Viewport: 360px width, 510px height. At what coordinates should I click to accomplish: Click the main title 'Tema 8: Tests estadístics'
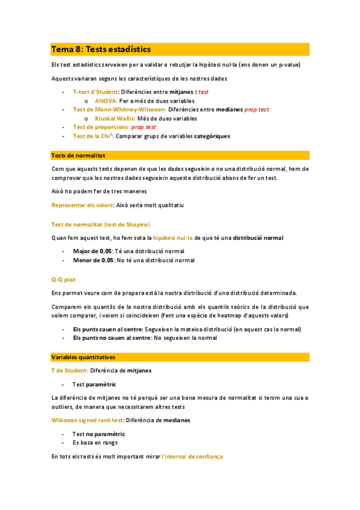(101, 49)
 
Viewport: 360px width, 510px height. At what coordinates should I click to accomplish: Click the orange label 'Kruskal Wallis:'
(115, 118)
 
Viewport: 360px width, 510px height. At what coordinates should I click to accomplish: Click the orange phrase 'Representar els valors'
(83, 206)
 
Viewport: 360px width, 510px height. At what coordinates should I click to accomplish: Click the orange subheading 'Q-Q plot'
(64, 279)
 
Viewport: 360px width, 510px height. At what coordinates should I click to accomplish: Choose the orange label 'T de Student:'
(70, 370)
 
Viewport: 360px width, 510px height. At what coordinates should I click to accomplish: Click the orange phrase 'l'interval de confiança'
(192, 457)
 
